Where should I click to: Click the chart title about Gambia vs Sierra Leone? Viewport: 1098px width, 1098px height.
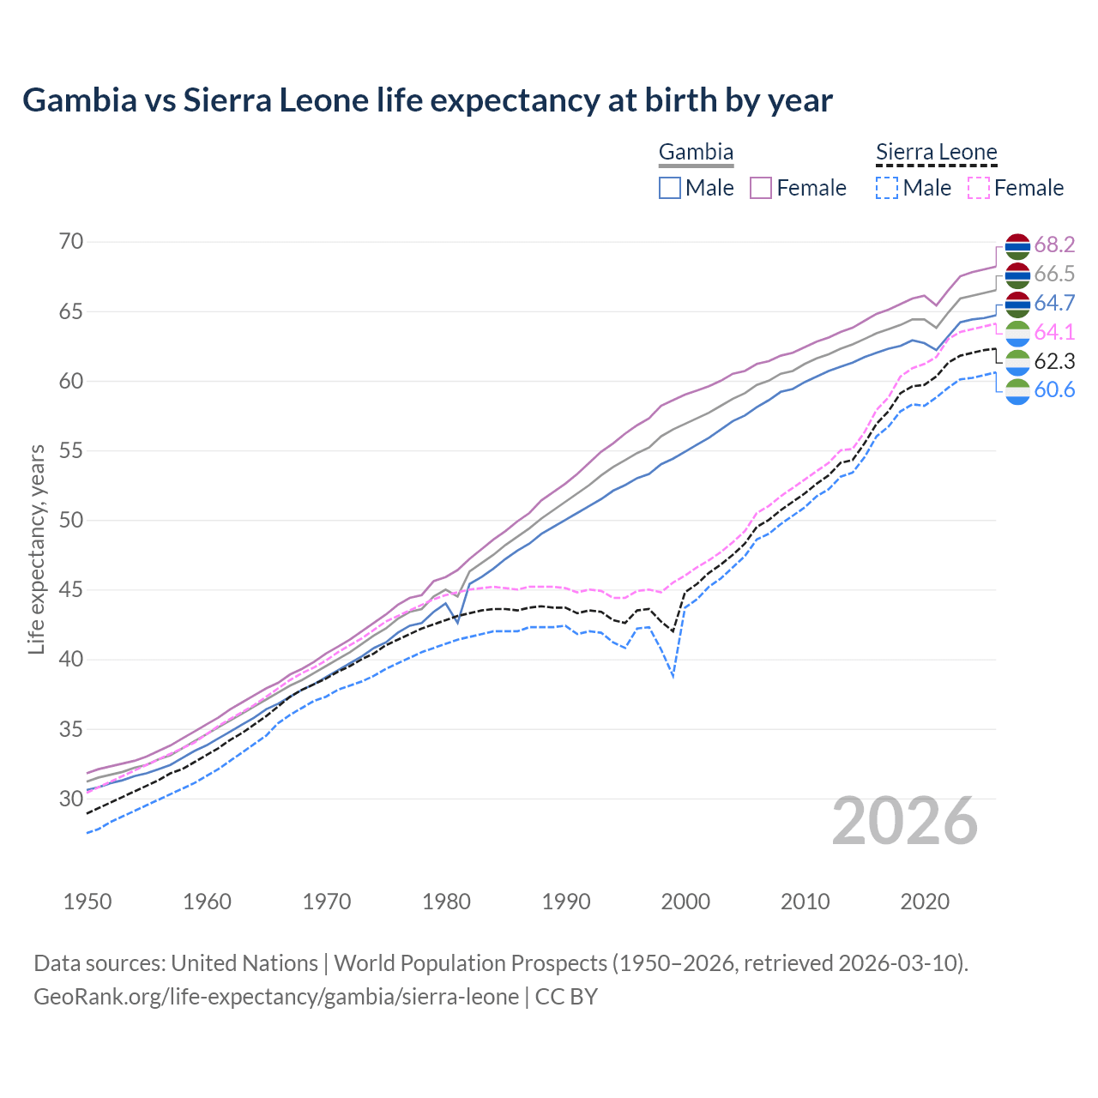[x=427, y=100]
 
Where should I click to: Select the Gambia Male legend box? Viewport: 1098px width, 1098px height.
[x=670, y=188]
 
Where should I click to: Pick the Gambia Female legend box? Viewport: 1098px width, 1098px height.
[x=761, y=188]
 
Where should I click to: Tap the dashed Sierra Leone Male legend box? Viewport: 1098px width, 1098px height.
[x=887, y=188]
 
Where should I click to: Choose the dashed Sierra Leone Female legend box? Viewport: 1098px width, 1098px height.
[x=979, y=188]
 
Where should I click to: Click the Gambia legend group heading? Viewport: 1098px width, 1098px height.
[x=696, y=153]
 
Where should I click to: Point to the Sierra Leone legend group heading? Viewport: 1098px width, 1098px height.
[x=936, y=153]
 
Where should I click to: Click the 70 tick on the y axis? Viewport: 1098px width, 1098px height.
[x=71, y=242]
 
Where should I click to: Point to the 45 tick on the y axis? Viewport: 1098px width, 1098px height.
[x=71, y=590]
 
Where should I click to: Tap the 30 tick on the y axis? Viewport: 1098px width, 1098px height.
[x=71, y=799]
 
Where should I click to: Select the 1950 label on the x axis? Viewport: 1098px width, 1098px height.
[x=87, y=902]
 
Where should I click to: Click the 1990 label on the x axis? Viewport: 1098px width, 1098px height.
[x=566, y=902]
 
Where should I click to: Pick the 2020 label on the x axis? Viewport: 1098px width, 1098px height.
[x=926, y=902]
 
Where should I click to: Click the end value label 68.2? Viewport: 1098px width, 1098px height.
[x=1054, y=244]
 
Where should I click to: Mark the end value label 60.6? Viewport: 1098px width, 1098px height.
[x=1054, y=390]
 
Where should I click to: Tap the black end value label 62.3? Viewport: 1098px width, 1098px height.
[x=1054, y=361]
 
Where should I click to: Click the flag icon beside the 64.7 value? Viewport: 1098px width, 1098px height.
[x=1017, y=304]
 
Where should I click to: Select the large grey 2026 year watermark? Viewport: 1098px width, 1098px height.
[x=905, y=821]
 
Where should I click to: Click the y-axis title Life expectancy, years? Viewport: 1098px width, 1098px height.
[x=36, y=549]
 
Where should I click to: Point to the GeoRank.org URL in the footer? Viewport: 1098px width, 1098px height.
[x=275, y=997]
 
